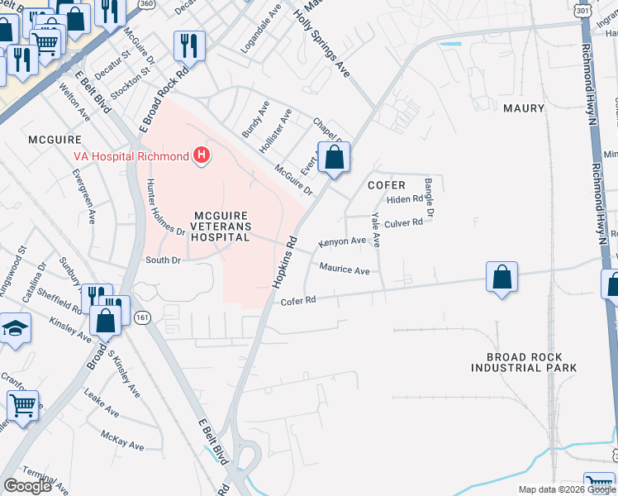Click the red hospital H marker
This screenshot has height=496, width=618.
pos(201,155)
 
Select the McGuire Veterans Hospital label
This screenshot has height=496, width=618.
pos(208,225)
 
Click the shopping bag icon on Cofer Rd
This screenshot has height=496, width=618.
pos(502,278)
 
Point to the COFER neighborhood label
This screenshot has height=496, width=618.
pos(387,186)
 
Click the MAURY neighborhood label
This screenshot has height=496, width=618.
pos(524,108)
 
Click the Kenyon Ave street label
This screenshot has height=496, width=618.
pos(342,242)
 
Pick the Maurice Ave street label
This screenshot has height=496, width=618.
pos(344,269)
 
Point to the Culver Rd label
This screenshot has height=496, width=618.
pos(404,222)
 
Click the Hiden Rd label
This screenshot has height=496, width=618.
pos(404,200)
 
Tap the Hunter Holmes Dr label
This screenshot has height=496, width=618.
pos(164,207)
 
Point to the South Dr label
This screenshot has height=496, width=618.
pos(162,260)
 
